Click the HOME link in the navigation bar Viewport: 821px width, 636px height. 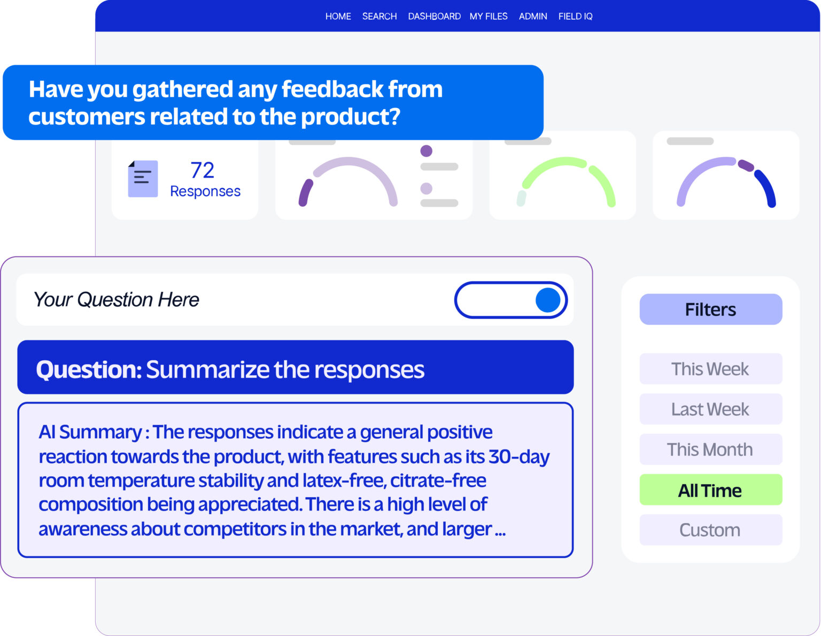click(x=338, y=17)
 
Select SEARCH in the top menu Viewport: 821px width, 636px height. click(x=379, y=17)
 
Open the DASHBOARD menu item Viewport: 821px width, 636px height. click(x=434, y=17)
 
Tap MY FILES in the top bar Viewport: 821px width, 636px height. click(x=489, y=17)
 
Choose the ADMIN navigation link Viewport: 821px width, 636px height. click(x=533, y=17)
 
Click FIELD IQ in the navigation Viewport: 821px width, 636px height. click(x=575, y=17)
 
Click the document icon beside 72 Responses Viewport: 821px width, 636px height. click(x=143, y=179)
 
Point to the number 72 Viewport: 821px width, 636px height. click(x=203, y=170)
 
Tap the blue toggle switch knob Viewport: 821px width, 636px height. click(x=548, y=300)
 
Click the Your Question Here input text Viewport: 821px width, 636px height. click(x=117, y=300)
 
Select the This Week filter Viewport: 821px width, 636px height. click(x=710, y=369)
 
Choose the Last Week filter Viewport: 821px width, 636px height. click(x=710, y=409)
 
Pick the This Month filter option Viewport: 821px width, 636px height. click(x=710, y=449)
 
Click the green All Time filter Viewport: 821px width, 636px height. click(x=710, y=490)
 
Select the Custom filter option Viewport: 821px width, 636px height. click(x=710, y=530)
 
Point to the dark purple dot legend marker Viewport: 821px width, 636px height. click(x=426, y=151)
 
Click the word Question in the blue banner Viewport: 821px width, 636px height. click(x=88, y=369)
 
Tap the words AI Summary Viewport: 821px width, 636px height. click(x=90, y=432)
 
